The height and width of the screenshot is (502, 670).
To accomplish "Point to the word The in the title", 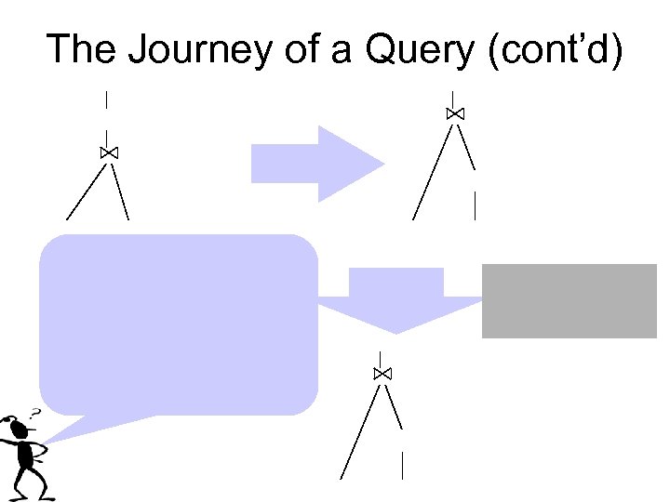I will pyautogui.click(x=79, y=49).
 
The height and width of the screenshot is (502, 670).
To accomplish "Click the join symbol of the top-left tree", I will pyautogui.click(x=108, y=152).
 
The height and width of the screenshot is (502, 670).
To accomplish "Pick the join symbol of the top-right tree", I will pyautogui.click(x=455, y=113).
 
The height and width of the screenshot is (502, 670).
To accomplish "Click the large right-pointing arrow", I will pyautogui.click(x=317, y=165).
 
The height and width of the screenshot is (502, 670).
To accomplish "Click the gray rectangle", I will pyautogui.click(x=569, y=300).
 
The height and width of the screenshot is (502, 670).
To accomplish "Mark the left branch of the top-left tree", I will pyautogui.click(x=86, y=192).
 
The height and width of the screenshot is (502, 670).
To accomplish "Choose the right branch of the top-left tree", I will pyautogui.click(x=120, y=192).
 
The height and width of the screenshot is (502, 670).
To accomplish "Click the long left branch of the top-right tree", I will pyautogui.click(x=433, y=172).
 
